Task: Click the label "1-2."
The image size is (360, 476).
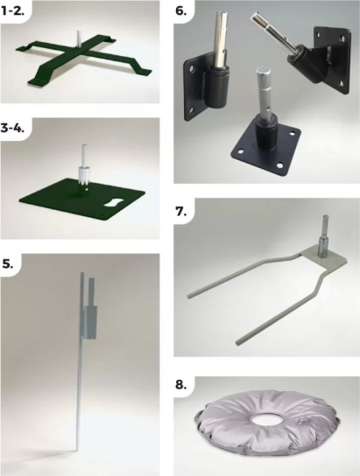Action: (12, 10)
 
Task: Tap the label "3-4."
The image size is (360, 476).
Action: (12, 128)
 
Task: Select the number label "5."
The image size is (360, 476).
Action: (8, 263)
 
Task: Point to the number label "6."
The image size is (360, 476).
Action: (181, 10)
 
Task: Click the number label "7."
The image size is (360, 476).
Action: (180, 211)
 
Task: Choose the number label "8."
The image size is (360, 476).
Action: (181, 385)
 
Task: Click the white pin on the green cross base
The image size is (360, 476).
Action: (80, 38)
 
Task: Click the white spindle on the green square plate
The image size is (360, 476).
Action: (83, 166)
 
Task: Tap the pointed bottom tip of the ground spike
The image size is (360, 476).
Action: (77, 452)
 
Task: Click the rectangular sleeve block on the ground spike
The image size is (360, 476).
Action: (91, 322)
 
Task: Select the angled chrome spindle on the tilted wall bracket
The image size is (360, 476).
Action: (272, 34)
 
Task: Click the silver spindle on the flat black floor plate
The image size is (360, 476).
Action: (264, 92)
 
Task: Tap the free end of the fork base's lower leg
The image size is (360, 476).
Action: (238, 342)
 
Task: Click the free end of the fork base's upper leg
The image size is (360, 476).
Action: (189, 295)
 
